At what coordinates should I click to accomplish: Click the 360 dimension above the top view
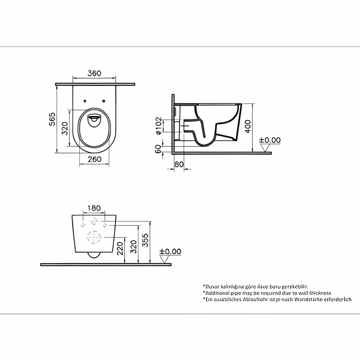(x=94, y=73)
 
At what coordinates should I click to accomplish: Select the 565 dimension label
(x=52, y=119)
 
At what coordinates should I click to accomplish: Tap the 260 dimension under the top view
(x=94, y=159)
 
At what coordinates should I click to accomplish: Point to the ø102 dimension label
(x=158, y=126)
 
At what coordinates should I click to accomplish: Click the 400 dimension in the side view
(x=248, y=126)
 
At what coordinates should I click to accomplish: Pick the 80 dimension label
(x=179, y=164)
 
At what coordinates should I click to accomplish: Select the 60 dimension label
(x=158, y=149)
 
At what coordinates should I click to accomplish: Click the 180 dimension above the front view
(x=94, y=208)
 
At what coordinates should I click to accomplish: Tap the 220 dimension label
(x=120, y=249)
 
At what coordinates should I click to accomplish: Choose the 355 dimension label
(x=146, y=240)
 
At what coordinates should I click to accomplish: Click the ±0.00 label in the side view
(x=270, y=140)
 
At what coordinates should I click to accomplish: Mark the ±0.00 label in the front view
(x=170, y=251)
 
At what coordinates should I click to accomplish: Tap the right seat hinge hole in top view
(x=103, y=101)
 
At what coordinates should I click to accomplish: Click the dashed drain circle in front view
(x=94, y=238)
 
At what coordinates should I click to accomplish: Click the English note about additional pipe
(x=267, y=293)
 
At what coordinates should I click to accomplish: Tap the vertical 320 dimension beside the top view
(x=65, y=129)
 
